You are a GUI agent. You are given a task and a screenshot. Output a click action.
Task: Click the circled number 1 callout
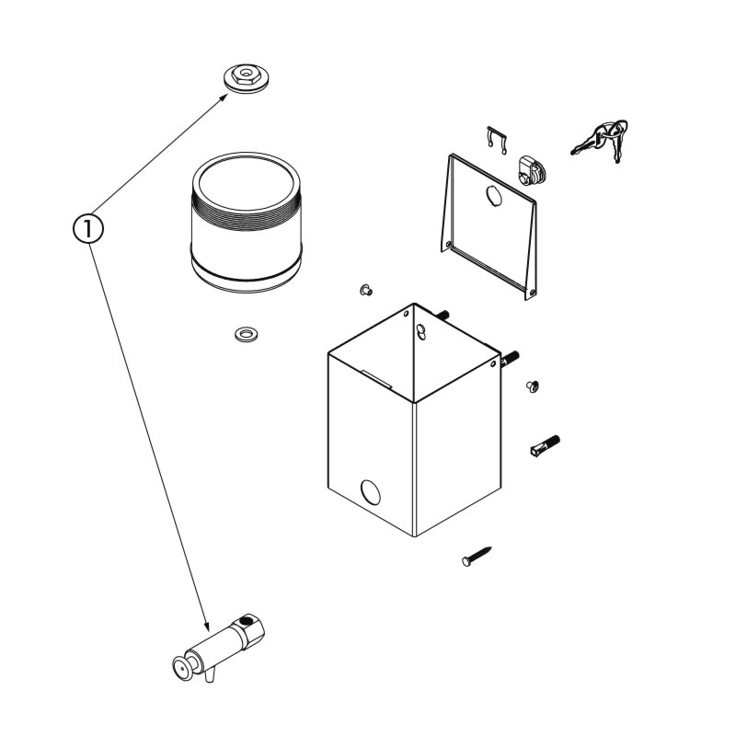click(x=87, y=228)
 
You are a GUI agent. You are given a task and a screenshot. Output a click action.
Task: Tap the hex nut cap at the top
click(x=246, y=78)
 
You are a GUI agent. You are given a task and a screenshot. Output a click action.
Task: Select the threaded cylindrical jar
click(x=246, y=222)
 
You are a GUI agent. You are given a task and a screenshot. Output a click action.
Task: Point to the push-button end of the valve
click(x=183, y=667)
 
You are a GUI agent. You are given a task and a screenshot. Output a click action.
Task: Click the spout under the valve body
click(x=210, y=675)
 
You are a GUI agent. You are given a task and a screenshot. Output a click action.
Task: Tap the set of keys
click(x=601, y=140)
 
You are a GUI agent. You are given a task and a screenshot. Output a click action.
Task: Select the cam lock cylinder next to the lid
click(x=532, y=171)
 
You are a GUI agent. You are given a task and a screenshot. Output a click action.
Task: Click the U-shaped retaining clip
click(x=497, y=139)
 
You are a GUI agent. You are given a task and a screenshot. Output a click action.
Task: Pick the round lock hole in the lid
click(x=494, y=196)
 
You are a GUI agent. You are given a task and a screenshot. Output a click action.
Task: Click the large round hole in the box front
click(x=371, y=492)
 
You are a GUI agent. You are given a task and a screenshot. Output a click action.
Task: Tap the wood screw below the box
click(x=477, y=557)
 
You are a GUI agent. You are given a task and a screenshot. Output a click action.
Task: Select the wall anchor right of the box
click(x=545, y=445)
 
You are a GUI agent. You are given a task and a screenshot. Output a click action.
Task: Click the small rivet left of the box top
click(x=366, y=290)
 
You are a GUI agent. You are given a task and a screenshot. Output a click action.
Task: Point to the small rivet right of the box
click(x=533, y=386)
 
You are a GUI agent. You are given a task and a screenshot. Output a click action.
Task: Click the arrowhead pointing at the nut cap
click(x=224, y=97)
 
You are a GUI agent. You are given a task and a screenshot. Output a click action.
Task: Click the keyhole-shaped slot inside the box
click(x=421, y=331)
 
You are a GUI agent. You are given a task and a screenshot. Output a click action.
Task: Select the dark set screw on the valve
click(x=245, y=621)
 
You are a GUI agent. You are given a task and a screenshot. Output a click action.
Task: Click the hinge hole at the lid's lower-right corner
click(x=532, y=293)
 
